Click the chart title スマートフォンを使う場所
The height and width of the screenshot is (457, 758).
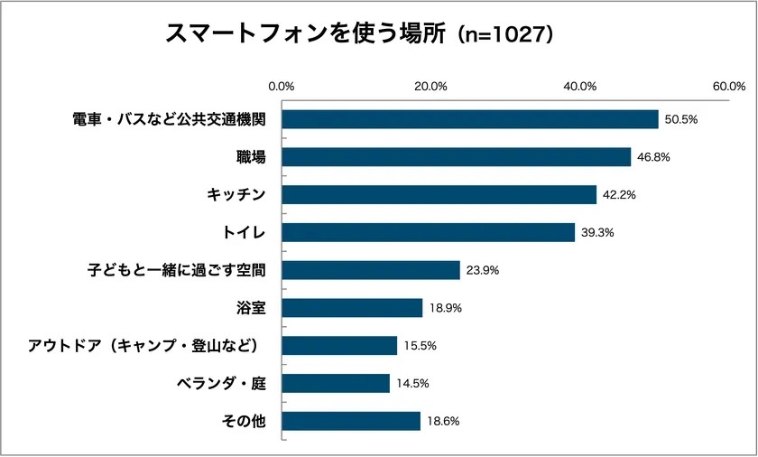[306, 33]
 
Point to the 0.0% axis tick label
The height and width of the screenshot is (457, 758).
[282, 87]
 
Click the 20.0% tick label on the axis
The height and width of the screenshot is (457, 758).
[431, 87]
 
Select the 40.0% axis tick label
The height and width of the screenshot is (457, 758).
[580, 87]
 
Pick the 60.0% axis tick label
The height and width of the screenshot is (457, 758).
[728, 87]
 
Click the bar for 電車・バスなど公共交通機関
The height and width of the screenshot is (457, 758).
[470, 119]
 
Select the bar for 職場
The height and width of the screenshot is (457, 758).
[457, 157]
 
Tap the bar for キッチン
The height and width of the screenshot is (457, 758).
[439, 195]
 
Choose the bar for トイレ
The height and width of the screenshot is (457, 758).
[429, 233]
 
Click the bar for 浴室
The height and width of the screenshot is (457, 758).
[353, 308]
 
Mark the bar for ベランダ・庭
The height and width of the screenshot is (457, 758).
[337, 384]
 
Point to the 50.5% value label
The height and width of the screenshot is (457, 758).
[681, 119]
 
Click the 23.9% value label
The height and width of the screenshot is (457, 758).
[483, 270]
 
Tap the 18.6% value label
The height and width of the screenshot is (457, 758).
[443, 422]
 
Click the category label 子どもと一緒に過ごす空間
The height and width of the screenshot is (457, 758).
[183, 270]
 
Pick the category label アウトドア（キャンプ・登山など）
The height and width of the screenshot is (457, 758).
[150, 346]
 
